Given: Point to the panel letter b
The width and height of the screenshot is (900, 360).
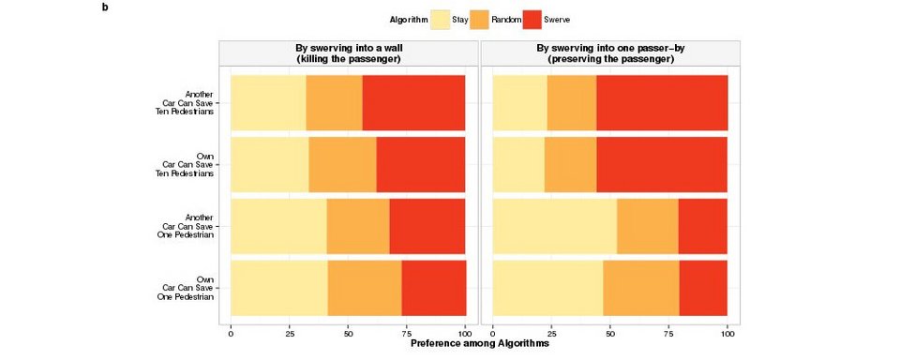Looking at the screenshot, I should tap(105, 7).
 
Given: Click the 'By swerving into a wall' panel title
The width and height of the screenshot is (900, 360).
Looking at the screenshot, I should tap(349, 53).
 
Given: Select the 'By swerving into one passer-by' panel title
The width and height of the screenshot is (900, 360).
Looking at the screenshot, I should tap(610, 53).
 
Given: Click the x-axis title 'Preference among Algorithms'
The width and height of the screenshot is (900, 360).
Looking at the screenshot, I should tap(479, 344).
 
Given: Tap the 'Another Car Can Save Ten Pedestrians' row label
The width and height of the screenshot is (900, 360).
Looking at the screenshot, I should tap(186, 102).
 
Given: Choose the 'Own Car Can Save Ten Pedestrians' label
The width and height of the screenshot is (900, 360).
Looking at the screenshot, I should tap(186, 164).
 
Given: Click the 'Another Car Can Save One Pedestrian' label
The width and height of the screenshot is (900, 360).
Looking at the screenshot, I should tap(186, 226).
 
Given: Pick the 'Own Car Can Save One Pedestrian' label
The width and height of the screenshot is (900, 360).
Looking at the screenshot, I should tap(186, 288).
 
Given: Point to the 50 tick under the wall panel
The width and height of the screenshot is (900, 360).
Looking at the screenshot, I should tap(348, 332).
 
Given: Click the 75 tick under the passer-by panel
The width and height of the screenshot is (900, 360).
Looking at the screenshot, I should tap(668, 332).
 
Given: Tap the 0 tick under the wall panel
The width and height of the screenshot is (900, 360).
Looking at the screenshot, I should tap(231, 332).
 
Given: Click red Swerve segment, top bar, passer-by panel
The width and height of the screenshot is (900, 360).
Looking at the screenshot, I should tap(662, 102).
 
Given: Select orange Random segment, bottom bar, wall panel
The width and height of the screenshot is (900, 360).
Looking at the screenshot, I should tap(365, 288).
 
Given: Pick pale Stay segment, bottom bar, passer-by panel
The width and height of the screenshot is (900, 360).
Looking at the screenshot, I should tap(547, 288).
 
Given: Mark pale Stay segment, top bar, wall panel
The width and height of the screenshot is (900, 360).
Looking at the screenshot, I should tap(268, 102).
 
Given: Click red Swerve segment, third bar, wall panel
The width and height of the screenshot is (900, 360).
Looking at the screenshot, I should tap(427, 226).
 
